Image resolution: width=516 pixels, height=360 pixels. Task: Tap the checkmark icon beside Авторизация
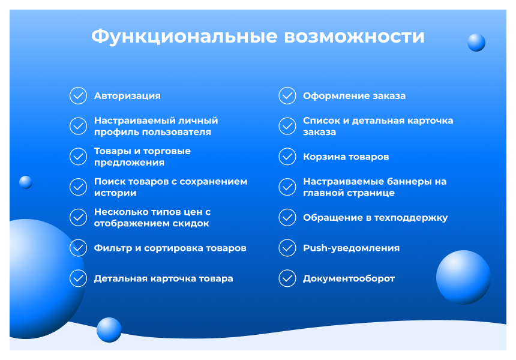pos(78,96)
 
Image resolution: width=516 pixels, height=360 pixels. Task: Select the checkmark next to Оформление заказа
pos(287,96)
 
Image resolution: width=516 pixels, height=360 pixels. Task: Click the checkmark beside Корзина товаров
pos(287,157)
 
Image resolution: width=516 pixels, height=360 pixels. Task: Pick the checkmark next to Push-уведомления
pos(287,248)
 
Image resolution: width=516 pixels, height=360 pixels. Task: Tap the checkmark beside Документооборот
pos(287,278)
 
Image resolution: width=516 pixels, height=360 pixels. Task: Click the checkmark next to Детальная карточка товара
pos(78,278)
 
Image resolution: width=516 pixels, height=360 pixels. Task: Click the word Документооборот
pos(349,278)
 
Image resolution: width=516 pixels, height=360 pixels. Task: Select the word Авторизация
pos(127,96)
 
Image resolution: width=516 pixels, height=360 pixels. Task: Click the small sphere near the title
pos(476,43)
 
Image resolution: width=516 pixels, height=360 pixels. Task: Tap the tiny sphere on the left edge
pos(26,182)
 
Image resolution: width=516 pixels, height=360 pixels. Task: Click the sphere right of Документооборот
pos(463,277)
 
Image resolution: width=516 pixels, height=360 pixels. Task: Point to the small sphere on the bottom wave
pos(109,329)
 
